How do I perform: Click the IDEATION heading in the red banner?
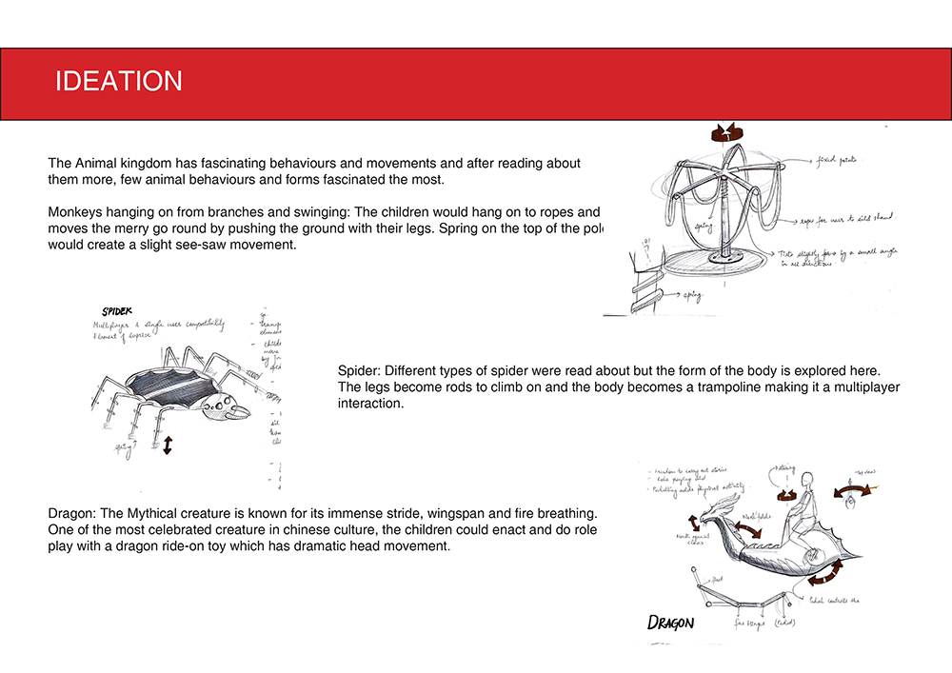point(119,81)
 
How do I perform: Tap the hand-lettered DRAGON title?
point(671,624)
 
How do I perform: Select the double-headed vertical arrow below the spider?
point(168,445)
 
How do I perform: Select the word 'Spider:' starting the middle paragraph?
point(360,370)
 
